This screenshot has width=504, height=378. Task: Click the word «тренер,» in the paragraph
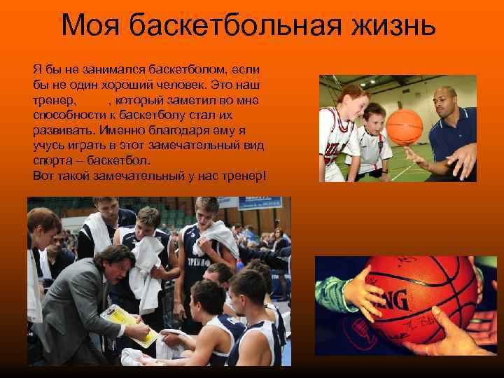click(54, 101)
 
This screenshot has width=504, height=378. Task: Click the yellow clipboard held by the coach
click(130, 325)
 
